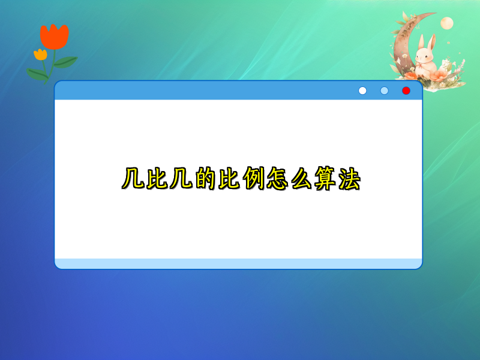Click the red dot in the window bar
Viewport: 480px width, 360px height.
point(406,91)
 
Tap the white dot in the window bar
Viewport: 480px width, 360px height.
point(362,91)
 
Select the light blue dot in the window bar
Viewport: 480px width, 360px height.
point(385,91)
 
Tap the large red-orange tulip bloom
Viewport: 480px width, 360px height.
point(55,37)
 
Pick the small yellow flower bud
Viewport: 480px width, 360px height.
point(40,55)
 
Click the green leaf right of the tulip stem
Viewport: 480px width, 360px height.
point(65,62)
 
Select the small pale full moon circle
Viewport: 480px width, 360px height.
point(446,23)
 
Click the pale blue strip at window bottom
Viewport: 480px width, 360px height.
point(238,263)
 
